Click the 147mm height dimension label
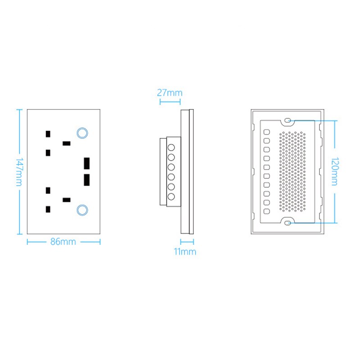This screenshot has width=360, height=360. click(x=19, y=172)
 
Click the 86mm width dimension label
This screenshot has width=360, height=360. click(x=63, y=242)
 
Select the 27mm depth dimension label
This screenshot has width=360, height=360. click(x=170, y=93)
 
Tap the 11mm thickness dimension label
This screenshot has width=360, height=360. click(x=185, y=252)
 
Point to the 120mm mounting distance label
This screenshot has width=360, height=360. click(x=335, y=171)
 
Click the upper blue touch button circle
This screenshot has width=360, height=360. click(x=82, y=132)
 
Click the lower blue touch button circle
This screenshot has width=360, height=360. click(x=82, y=210)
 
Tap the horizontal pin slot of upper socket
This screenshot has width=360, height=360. click(x=67, y=144)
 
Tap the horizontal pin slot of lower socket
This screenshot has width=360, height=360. click(x=67, y=199)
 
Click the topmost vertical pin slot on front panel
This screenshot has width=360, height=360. click(x=48, y=134)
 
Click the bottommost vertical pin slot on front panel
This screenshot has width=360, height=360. click(x=48, y=209)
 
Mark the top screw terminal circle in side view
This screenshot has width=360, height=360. click(x=171, y=148)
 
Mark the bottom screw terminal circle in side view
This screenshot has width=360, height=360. click(x=171, y=197)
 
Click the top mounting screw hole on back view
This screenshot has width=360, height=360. click(x=288, y=121)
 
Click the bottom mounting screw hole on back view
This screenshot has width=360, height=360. click(x=288, y=222)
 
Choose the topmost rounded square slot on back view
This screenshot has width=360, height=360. click(x=266, y=132)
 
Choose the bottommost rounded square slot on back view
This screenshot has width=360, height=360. click(x=266, y=211)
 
